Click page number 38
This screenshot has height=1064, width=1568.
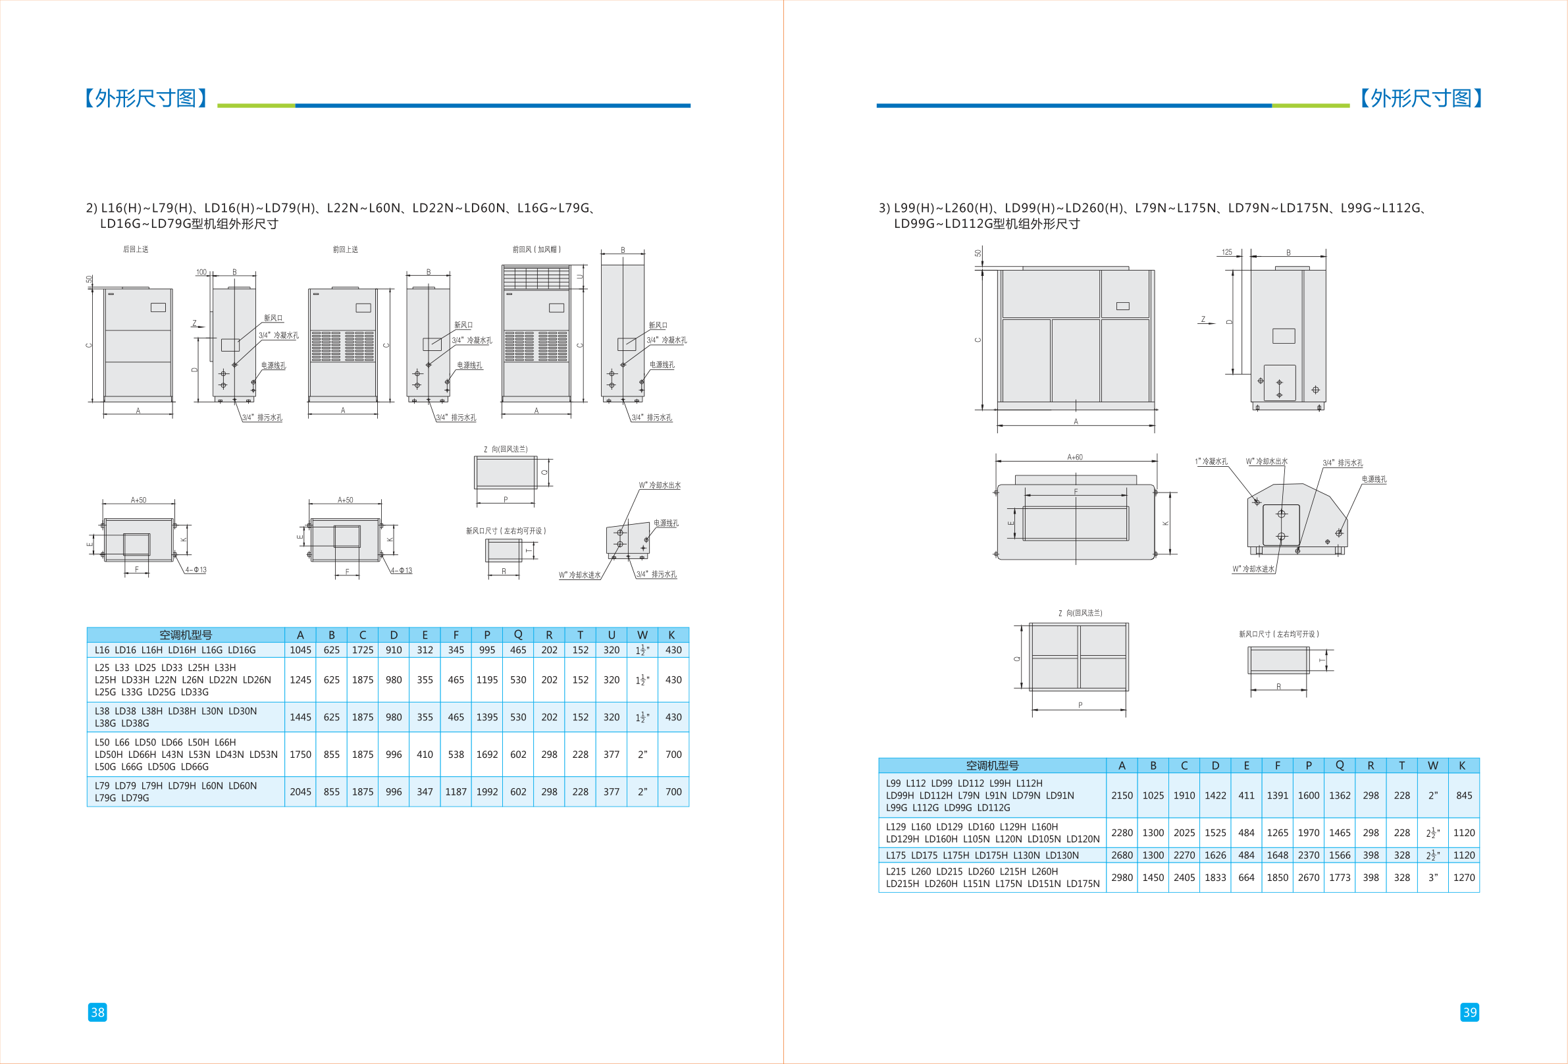point(97,1012)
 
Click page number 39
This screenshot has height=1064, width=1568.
point(1469,1012)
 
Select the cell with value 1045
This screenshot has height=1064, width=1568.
point(300,650)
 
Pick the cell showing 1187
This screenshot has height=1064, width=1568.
point(456,791)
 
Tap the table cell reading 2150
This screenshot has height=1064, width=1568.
point(1122,795)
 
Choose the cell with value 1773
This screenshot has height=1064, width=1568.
point(1340,877)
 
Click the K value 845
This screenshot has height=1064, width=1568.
point(1464,795)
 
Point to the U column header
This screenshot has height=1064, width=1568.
point(612,635)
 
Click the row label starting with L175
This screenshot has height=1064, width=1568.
point(982,855)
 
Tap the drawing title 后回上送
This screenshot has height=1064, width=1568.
point(136,250)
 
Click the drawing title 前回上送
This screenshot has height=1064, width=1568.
point(346,250)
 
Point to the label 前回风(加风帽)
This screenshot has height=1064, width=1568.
point(536,250)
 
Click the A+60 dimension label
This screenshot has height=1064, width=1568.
point(1075,458)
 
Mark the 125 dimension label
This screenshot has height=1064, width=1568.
point(1226,252)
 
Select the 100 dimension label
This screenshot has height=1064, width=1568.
point(201,273)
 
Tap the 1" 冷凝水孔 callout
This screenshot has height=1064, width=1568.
point(1211,462)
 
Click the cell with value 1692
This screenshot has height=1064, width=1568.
point(487,755)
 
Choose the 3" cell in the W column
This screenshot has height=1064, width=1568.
point(1433,877)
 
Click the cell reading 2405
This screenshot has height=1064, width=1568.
point(1184,877)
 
